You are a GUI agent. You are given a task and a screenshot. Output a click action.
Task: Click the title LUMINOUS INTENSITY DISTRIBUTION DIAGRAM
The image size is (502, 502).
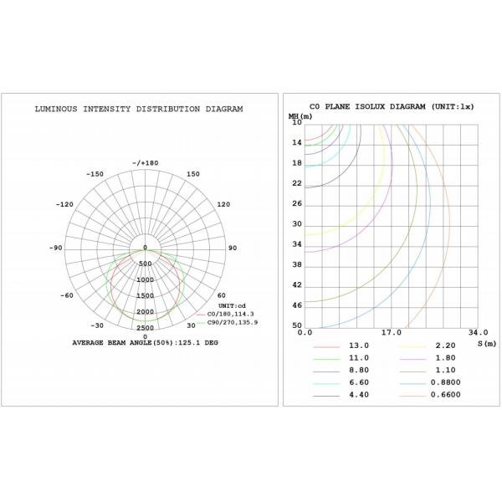pyautogui.click(x=139, y=109)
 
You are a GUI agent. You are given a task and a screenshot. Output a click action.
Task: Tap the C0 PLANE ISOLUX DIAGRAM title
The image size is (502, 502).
pyautogui.click(x=392, y=107)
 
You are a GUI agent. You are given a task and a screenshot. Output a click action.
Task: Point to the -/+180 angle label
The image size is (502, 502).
pyautogui.click(x=145, y=162)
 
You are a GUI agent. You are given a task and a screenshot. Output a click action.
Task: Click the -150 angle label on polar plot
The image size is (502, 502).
pyautogui.click(x=95, y=174)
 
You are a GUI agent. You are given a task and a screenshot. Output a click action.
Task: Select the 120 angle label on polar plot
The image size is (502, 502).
pyautogui.click(x=223, y=204)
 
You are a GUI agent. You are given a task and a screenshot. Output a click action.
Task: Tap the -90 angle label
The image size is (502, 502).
pyautogui.click(x=56, y=248)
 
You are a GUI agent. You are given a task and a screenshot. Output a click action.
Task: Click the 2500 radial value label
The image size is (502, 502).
pyautogui.click(x=145, y=328)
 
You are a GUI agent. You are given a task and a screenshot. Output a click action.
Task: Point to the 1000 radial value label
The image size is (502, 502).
pyautogui.click(x=145, y=279)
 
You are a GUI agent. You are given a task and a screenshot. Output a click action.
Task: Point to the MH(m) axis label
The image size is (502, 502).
pyautogui.click(x=300, y=117)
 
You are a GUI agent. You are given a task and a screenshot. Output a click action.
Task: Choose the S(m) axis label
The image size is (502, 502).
pyautogui.click(x=486, y=343)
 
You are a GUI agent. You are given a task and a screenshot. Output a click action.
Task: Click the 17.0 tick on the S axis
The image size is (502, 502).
pyautogui.click(x=390, y=333)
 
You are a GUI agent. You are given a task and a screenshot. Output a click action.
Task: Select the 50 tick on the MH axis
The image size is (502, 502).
pyautogui.click(x=296, y=325)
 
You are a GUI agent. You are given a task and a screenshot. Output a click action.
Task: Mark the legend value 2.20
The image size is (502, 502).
pyautogui.click(x=445, y=345)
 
